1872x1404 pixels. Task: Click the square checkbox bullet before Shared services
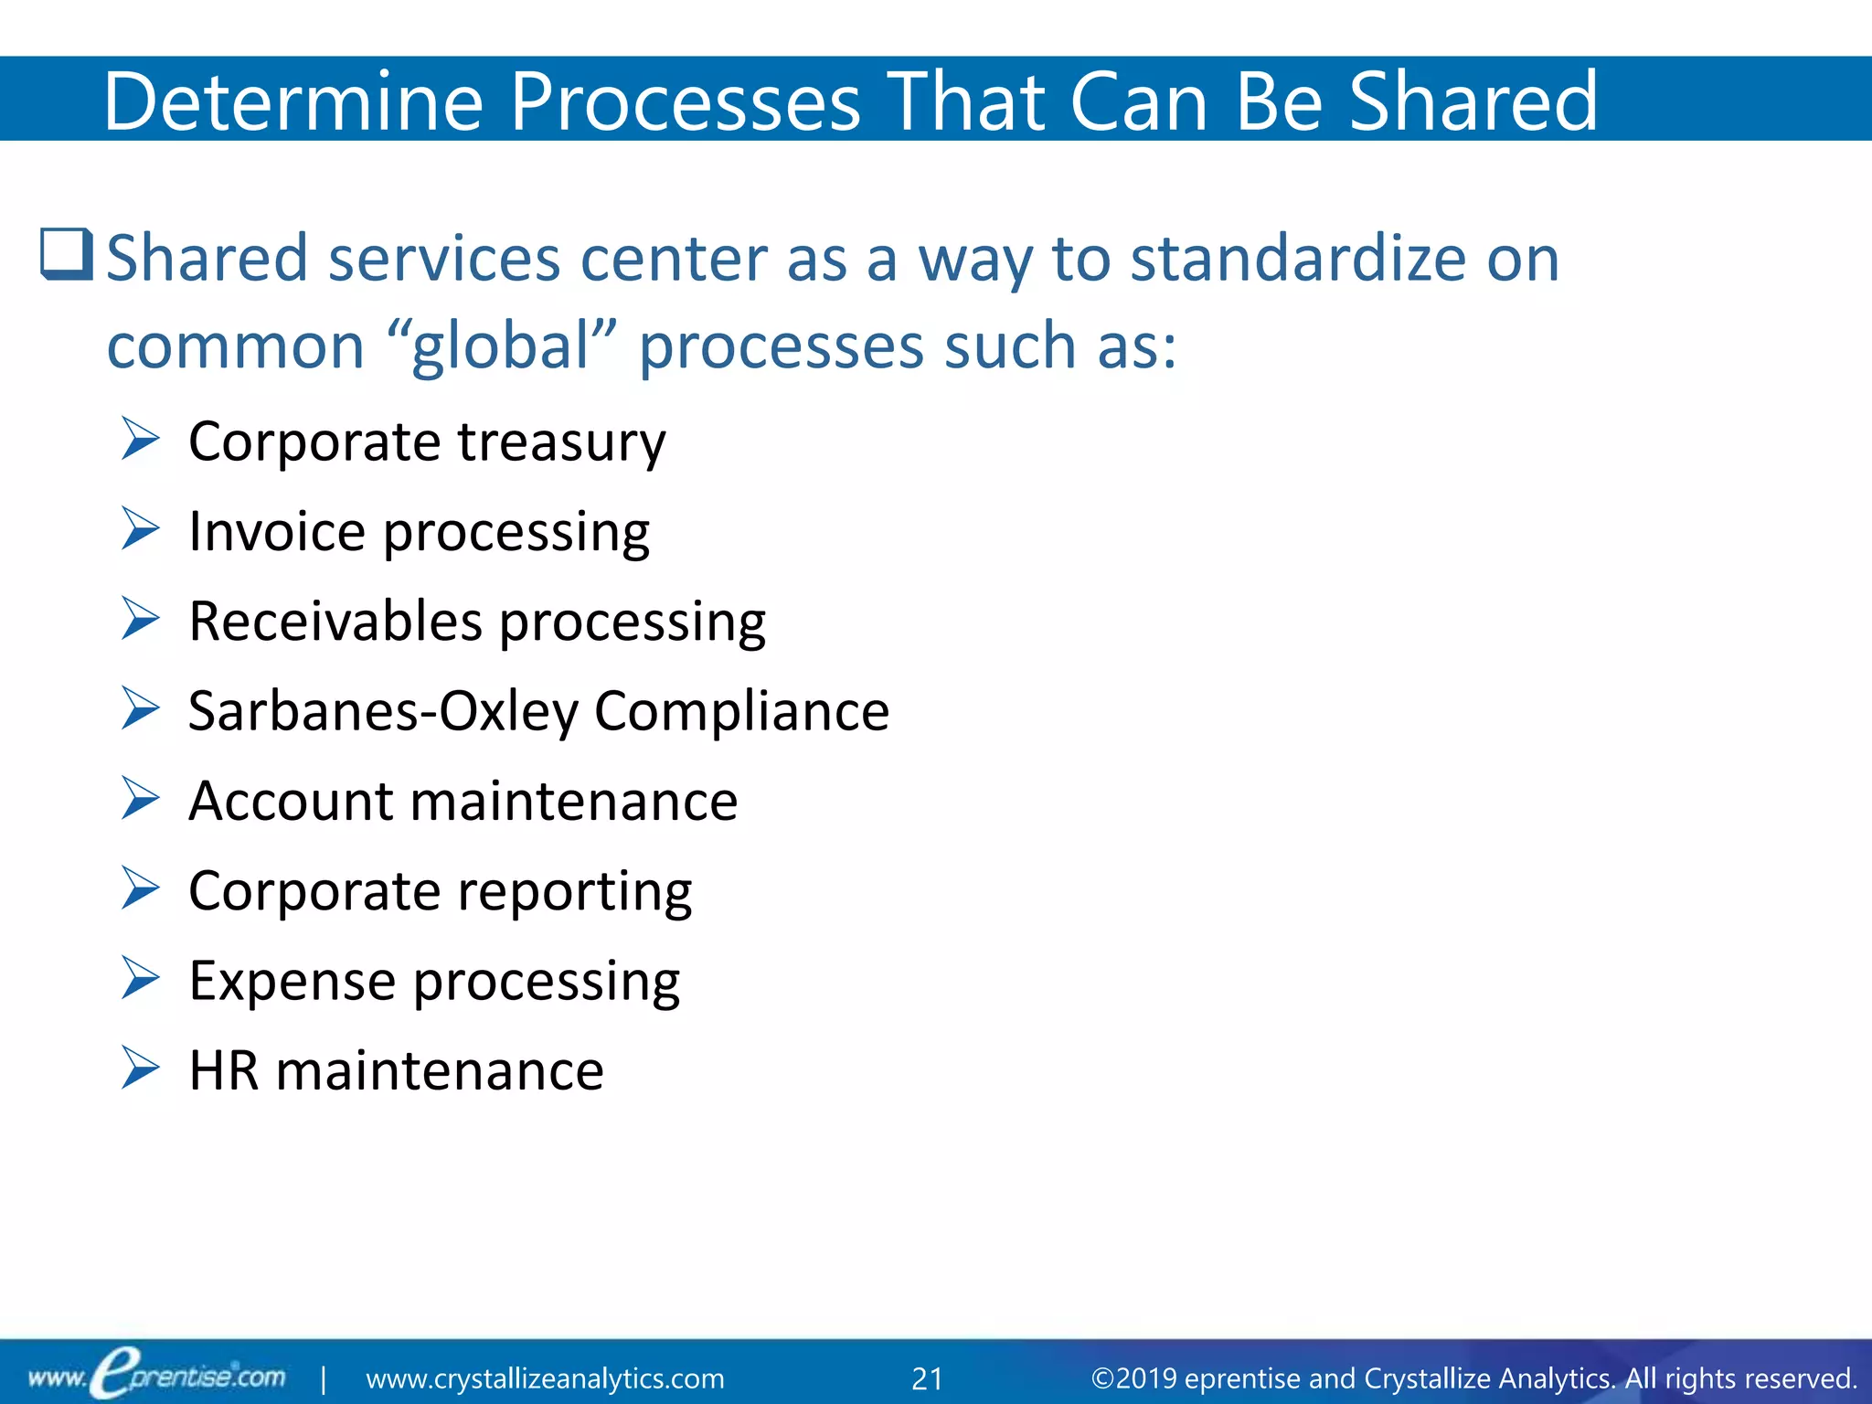click(x=67, y=254)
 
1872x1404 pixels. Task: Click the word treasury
click(x=561, y=442)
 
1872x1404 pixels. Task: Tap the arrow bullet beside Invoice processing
click(x=141, y=529)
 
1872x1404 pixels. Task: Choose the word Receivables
click(x=335, y=622)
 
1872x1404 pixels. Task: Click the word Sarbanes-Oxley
click(x=383, y=711)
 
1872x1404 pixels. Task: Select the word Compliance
click(x=741, y=711)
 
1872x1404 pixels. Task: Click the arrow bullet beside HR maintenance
click(x=141, y=1069)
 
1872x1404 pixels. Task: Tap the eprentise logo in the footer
click(x=155, y=1376)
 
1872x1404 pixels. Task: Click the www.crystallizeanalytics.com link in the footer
click(x=545, y=1378)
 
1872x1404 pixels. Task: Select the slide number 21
click(x=927, y=1378)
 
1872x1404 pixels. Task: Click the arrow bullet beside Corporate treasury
click(x=141, y=440)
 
